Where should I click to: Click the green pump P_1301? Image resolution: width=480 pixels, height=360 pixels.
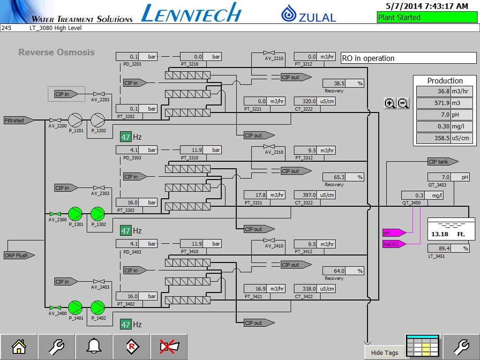point(75,214)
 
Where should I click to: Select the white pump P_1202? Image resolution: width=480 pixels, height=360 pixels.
point(98,120)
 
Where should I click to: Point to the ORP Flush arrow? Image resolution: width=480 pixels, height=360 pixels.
point(19,255)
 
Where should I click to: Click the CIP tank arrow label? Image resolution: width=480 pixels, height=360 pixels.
point(442,162)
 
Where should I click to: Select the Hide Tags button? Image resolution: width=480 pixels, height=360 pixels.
point(384,353)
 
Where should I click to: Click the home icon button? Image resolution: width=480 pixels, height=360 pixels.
point(19,347)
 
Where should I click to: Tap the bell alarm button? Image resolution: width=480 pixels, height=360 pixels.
point(94,347)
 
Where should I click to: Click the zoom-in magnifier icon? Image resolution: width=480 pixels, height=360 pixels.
point(390,104)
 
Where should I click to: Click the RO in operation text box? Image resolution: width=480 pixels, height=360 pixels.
point(408,58)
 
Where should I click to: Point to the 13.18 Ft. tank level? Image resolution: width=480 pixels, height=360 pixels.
point(448,234)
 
